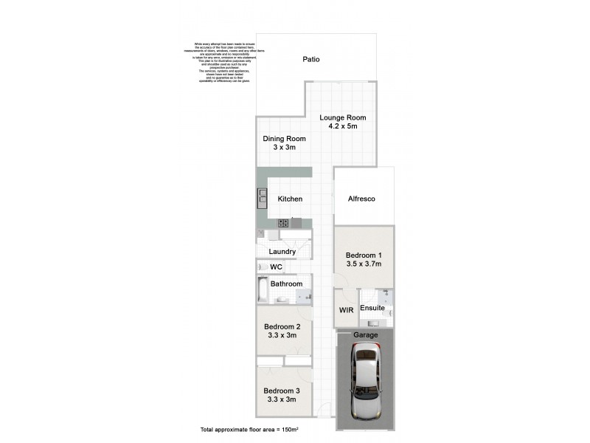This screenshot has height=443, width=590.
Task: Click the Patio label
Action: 311,60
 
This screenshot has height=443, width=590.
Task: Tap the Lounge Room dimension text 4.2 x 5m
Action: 342,126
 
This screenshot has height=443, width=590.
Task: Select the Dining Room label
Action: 284,139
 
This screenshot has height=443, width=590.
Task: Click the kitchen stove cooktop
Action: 282,223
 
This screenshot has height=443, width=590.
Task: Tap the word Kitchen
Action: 290,199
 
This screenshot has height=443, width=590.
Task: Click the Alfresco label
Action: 361,199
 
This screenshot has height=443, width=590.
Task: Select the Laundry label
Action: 282,252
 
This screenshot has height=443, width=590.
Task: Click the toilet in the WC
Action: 262,267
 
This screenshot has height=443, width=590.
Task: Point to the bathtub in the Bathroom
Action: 263,289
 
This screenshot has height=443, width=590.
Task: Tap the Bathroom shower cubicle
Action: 303,297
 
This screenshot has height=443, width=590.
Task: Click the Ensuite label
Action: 372,308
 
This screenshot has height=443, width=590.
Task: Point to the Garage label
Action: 365,335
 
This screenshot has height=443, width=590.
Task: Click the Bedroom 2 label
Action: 282,327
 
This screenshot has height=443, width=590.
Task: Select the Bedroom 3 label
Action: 282,391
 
